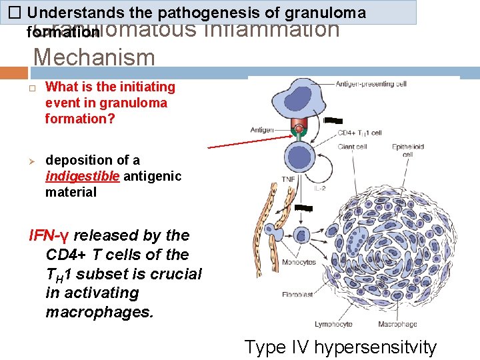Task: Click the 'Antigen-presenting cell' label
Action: [371, 84]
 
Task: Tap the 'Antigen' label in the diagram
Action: [263, 129]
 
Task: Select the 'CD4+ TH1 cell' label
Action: [359, 133]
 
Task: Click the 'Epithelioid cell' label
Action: [407, 150]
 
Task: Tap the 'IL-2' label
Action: [319, 189]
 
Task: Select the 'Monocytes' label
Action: [299, 262]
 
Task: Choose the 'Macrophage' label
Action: [398, 325]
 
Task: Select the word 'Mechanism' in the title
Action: [94, 57]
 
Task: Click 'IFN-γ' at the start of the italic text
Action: [49, 235]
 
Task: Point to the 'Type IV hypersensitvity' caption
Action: [341, 347]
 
